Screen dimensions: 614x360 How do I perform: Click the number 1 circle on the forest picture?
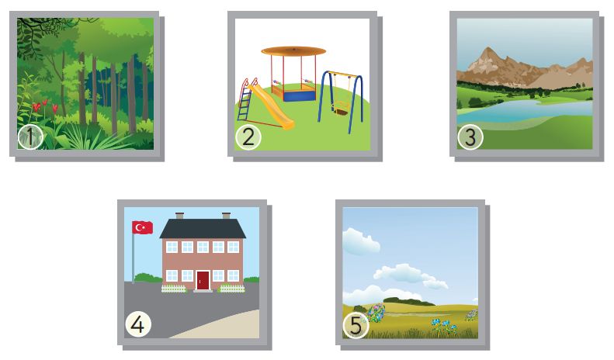[30, 137]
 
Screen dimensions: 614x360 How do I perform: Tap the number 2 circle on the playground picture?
[248, 137]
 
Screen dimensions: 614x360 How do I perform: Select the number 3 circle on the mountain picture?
[470, 137]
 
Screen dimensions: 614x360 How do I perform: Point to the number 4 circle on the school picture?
[138, 324]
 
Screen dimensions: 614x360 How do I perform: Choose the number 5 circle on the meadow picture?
[356, 326]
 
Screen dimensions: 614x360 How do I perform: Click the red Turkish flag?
[143, 227]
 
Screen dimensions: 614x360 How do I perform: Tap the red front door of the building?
[203, 281]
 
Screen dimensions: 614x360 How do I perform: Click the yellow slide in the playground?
[271, 106]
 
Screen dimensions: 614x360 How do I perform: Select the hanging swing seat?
[341, 109]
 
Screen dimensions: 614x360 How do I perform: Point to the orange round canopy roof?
[293, 51]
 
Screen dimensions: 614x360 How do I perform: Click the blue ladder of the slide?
[245, 102]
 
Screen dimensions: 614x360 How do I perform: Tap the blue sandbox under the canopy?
[299, 95]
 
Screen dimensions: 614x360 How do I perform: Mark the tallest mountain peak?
[488, 49]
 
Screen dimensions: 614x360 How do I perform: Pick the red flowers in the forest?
[45, 106]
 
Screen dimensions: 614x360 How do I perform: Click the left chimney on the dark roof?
[180, 216]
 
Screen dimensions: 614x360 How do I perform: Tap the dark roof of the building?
[203, 229]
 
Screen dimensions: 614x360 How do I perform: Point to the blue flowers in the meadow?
[444, 325]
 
